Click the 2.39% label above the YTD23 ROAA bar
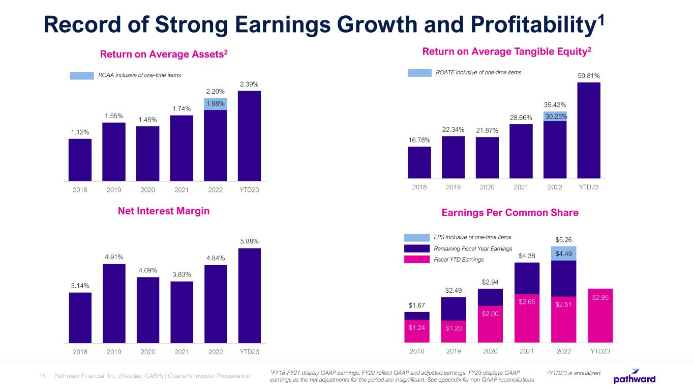(249, 84)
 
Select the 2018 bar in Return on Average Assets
(80, 159)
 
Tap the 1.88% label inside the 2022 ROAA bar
(215, 104)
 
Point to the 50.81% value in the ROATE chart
(589, 76)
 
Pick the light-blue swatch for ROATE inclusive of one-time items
(419, 73)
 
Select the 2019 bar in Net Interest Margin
(114, 302)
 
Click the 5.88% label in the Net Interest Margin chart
(249, 241)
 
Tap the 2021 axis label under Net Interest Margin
(182, 352)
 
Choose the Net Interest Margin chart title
(164, 212)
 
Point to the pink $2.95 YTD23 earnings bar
(600, 315)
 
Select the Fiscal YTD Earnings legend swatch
(416, 260)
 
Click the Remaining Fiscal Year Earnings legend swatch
(416, 248)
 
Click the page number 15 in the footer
(43, 376)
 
